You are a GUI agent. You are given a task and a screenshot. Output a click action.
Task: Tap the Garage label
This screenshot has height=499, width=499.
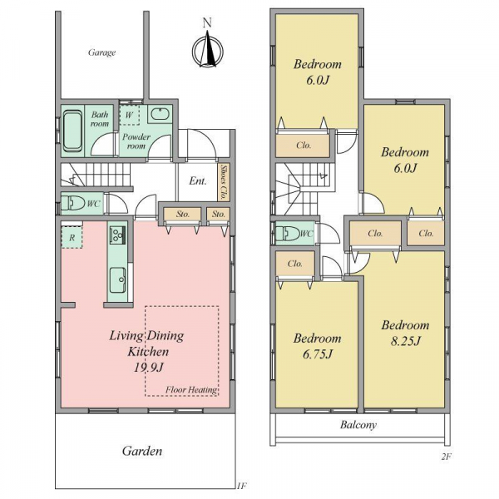coord(101,52)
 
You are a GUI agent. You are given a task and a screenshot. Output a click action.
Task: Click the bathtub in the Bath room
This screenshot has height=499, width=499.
coord(72,131)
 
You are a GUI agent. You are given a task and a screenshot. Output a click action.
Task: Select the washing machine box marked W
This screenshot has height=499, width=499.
coord(130,115)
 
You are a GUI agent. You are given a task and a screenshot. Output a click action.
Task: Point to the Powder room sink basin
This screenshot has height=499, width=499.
coord(160,114)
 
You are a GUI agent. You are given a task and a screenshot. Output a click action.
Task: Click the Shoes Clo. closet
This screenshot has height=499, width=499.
coord(225,182)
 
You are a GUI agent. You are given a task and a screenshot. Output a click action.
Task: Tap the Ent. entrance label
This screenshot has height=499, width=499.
coord(198,181)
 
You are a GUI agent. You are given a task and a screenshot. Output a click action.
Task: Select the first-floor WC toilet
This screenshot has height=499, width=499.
coord(72,203)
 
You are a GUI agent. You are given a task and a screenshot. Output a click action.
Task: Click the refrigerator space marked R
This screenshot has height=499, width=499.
coord(72,237)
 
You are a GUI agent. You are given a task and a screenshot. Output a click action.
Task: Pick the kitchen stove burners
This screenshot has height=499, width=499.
coord(118,235)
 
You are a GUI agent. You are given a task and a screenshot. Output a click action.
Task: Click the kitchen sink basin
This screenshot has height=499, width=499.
coord(118,280)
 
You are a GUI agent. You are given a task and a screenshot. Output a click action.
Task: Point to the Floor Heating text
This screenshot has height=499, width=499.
coord(191,389)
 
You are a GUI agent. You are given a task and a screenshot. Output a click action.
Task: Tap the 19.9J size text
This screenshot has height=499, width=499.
coord(148,368)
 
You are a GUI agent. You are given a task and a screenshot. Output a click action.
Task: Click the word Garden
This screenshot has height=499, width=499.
coord(142,451)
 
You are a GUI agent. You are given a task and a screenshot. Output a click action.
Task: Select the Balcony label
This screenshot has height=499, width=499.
coord(358,424)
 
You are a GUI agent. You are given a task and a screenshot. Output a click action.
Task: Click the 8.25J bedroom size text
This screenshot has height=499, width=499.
coord(406,341)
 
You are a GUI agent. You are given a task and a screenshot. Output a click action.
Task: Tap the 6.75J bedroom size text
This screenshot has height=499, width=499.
coord(318,354)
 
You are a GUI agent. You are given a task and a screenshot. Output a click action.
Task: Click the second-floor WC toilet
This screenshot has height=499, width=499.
coord(287,233)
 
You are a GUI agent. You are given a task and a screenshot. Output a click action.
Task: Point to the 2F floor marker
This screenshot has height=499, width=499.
coord(447,457)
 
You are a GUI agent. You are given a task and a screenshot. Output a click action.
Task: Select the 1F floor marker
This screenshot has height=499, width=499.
coord(241,486)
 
